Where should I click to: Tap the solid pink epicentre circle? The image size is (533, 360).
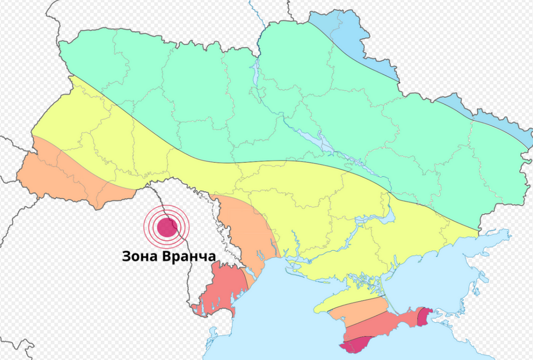coord(166,228)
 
